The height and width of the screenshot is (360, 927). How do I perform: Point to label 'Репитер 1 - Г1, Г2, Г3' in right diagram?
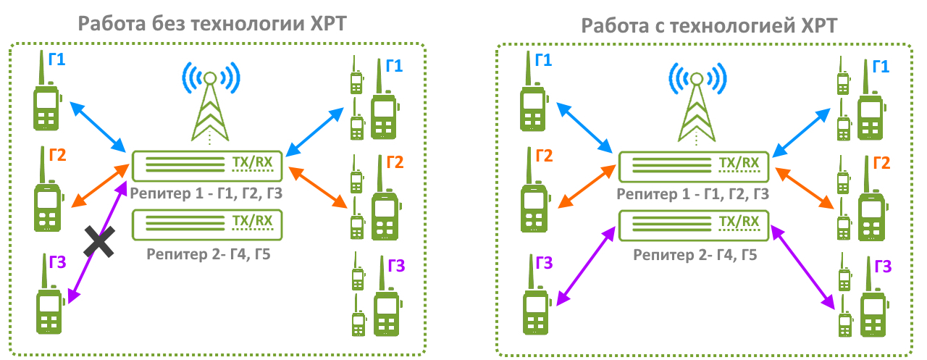694,194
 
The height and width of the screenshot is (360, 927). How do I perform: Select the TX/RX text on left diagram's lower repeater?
251,221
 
